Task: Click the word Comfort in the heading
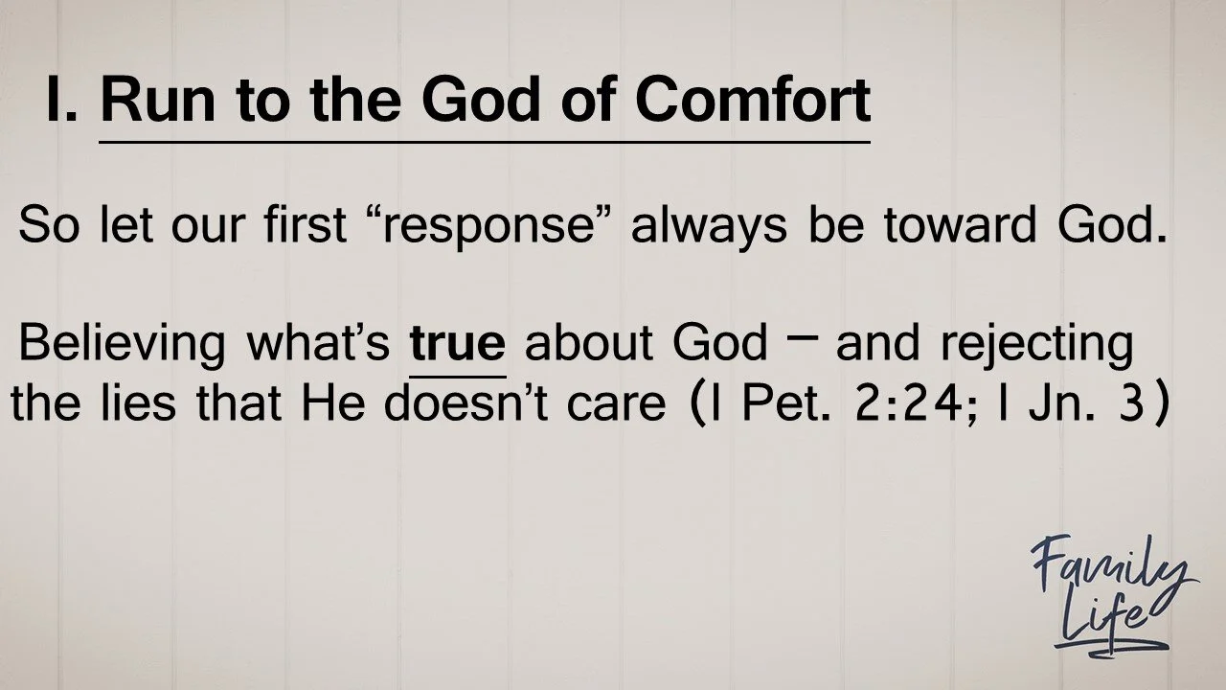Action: click(753, 101)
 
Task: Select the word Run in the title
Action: click(158, 101)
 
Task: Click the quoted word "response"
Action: click(488, 225)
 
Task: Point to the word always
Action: click(710, 224)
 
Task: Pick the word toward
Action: click(960, 224)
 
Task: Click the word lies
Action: click(139, 403)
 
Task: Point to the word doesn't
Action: click(466, 403)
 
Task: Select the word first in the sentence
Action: click(305, 224)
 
